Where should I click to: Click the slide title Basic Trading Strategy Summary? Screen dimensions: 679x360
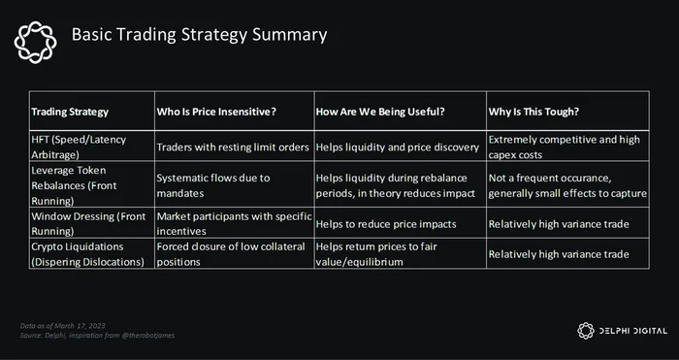(x=199, y=35)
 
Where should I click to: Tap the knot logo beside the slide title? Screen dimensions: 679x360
(x=36, y=42)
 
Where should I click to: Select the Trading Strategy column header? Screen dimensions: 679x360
(x=70, y=112)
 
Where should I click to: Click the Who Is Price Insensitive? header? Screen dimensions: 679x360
(x=216, y=112)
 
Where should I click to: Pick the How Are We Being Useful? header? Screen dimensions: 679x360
(x=380, y=112)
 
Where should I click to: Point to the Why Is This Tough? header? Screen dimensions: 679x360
(x=533, y=112)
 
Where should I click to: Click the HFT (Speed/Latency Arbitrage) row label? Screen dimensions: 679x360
(x=79, y=147)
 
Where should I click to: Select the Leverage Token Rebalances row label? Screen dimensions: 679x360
(x=74, y=185)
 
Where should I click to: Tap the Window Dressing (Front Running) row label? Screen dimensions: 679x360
(x=88, y=223)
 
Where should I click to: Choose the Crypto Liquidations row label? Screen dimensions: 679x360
(x=87, y=254)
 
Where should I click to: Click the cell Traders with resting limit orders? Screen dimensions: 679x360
(x=233, y=147)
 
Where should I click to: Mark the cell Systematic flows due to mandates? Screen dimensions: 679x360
(x=213, y=185)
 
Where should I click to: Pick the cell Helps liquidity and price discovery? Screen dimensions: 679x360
(x=398, y=147)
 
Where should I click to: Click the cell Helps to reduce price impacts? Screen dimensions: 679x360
(x=386, y=224)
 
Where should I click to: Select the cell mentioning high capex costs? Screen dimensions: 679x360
(x=564, y=147)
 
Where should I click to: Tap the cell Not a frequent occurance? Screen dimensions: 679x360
(x=567, y=185)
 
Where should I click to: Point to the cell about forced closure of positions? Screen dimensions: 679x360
(x=231, y=254)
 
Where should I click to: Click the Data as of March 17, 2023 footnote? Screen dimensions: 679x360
(x=62, y=326)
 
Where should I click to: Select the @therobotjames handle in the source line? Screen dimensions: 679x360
(x=148, y=336)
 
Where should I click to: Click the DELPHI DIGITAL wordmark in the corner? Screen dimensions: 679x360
(x=632, y=331)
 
